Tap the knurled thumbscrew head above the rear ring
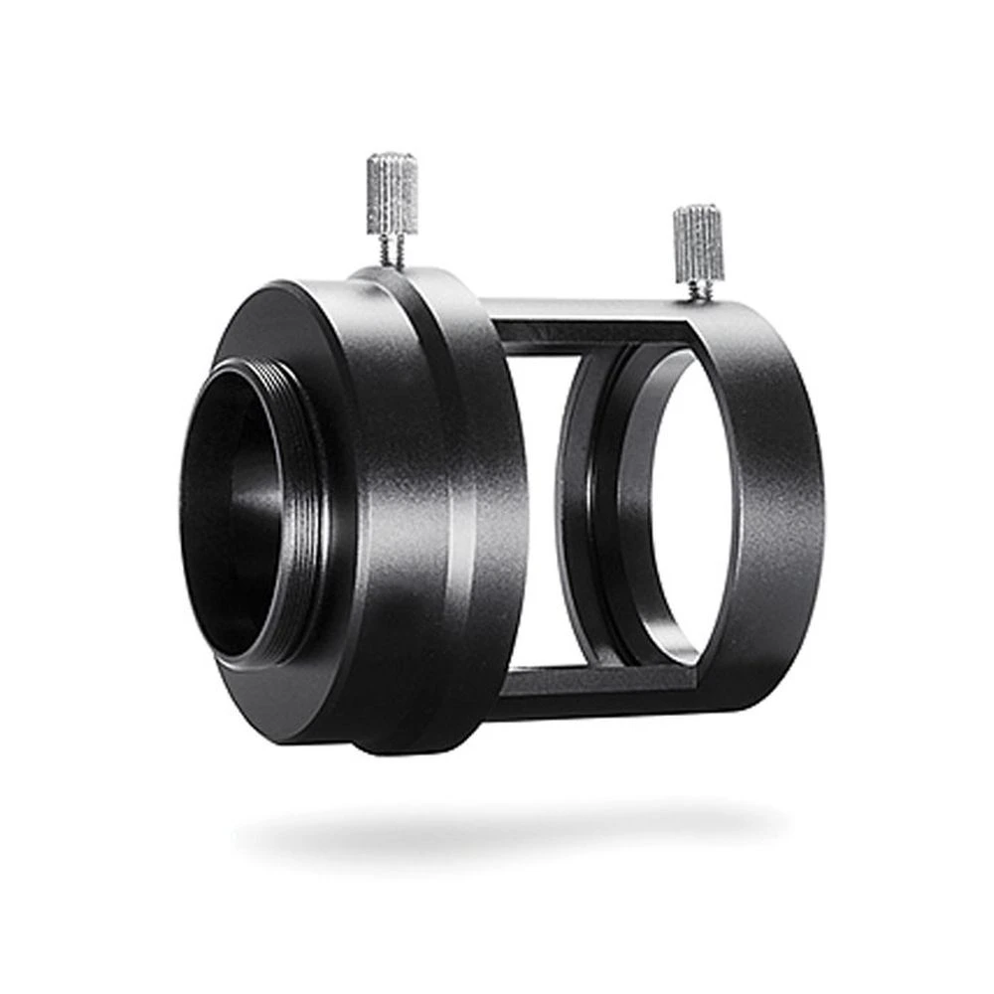(x=699, y=243)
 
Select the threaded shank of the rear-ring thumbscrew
(x=701, y=287)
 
